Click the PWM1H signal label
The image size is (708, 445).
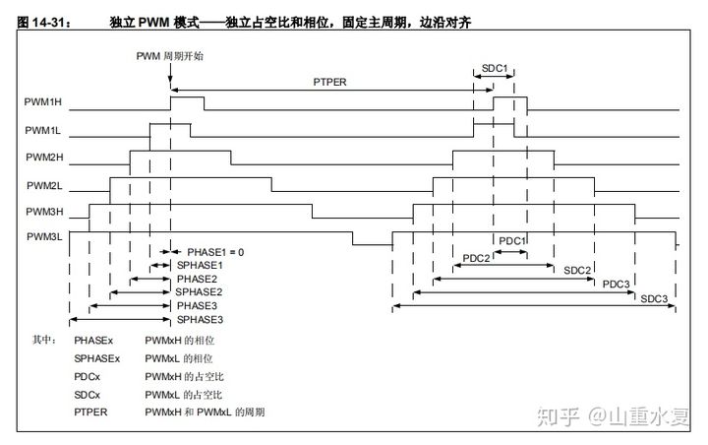pos(42,102)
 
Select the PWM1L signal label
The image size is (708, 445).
pos(42,129)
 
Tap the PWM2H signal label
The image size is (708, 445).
pos(42,157)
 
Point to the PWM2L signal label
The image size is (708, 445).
pos(42,184)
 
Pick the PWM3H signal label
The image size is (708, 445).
pos(42,211)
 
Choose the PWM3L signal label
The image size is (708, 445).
pos(42,236)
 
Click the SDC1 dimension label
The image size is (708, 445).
pos(495,68)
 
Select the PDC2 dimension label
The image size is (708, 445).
pos(477,257)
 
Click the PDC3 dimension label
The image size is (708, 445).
pos(616,284)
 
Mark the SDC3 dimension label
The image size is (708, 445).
pos(654,298)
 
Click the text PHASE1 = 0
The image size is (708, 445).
pos(209,252)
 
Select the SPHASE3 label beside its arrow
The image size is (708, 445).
pos(199,320)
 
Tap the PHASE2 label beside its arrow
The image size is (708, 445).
pos(197,279)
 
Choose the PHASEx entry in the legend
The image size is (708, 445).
pos(93,340)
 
